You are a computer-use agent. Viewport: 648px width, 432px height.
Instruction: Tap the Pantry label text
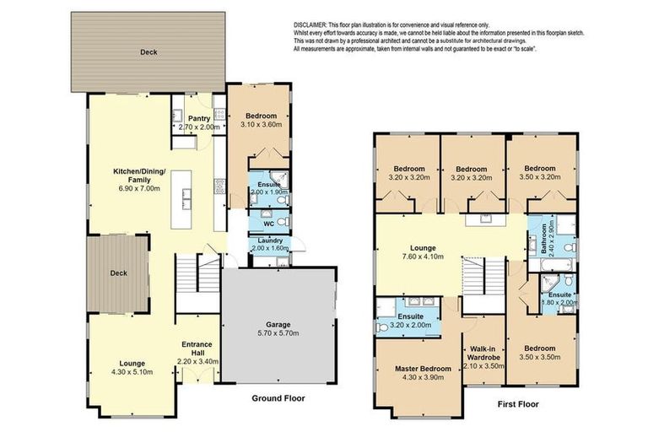click(199, 118)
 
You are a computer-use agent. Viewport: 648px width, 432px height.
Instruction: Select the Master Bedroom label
click(418, 369)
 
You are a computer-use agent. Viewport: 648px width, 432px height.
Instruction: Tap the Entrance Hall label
click(196, 350)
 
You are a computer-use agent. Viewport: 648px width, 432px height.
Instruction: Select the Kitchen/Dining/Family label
click(141, 176)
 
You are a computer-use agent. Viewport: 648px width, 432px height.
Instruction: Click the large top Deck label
click(148, 52)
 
